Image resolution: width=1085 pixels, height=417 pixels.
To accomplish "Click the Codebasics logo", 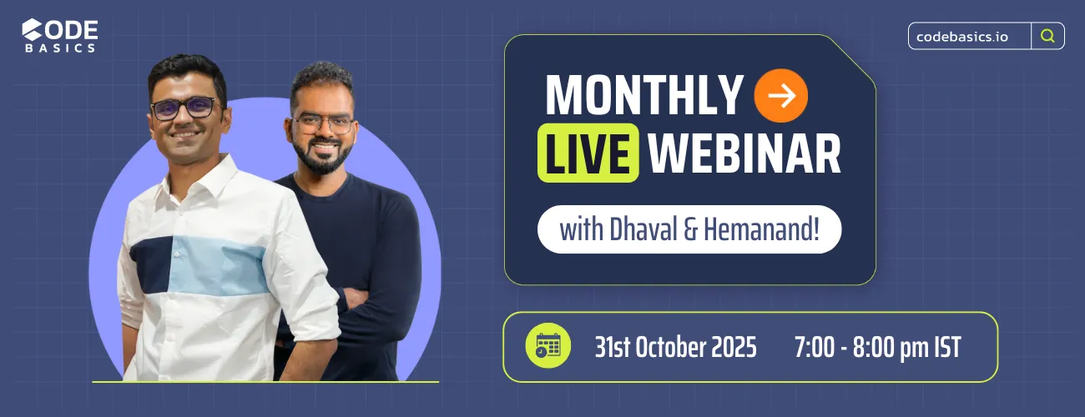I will [x=59, y=36].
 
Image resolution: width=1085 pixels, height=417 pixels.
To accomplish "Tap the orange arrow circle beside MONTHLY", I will [x=781, y=96].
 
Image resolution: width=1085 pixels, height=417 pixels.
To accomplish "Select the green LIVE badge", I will [x=588, y=153].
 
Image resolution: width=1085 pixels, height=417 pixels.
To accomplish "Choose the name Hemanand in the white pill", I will [x=761, y=229].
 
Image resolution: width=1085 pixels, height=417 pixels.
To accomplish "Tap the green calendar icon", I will [x=548, y=346].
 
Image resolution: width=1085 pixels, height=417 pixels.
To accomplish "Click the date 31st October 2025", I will [x=675, y=347].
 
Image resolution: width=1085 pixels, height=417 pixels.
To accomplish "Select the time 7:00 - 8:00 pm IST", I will [x=877, y=347].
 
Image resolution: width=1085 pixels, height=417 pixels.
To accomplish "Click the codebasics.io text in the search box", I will [x=961, y=36].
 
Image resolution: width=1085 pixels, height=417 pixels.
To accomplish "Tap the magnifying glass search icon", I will [x=1047, y=36].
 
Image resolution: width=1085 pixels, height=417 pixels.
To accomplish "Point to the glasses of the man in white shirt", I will [x=184, y=108].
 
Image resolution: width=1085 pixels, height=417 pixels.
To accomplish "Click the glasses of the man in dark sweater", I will [x=323, y=123].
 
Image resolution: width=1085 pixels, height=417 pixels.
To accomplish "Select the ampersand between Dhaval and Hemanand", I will [x=689, y=229].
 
